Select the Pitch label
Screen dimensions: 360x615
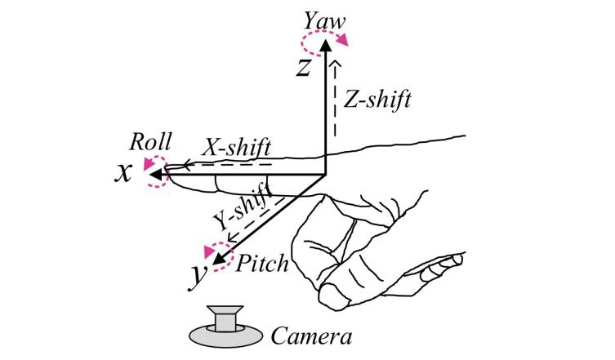click(x=263, y=264)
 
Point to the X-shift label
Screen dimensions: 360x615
click(x=237, y=147)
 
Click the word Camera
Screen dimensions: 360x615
click(x=311, y=335)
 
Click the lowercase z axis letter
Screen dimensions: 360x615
click(x=304, y=67)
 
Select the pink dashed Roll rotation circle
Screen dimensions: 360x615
click(x=155, y=172)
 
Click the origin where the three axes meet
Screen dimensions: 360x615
click(x=325, y=175)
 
